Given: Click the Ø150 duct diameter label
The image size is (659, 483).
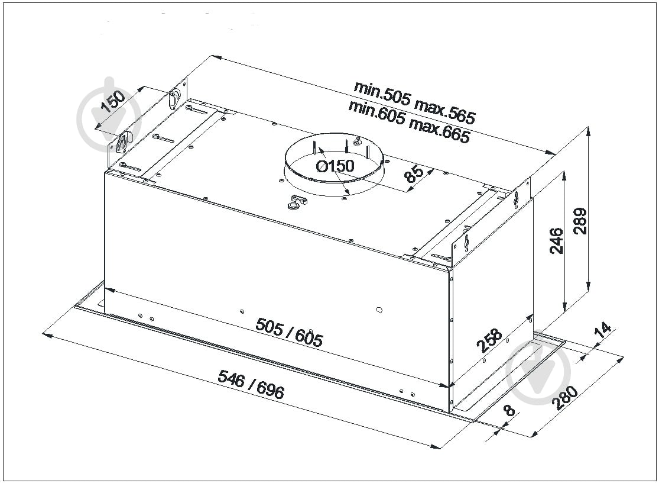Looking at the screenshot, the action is coord(335,166).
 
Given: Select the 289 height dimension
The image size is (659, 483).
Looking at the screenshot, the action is coord(580,221).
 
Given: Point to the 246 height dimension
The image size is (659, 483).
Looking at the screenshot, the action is coord(556,241).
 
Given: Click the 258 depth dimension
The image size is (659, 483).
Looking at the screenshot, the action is coord(489,340).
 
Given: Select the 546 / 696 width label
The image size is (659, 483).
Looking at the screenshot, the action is coord(251,384).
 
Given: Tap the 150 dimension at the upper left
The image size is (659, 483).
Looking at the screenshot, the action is coord(113,102).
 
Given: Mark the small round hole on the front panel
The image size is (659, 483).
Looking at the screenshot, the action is coord(379,310).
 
